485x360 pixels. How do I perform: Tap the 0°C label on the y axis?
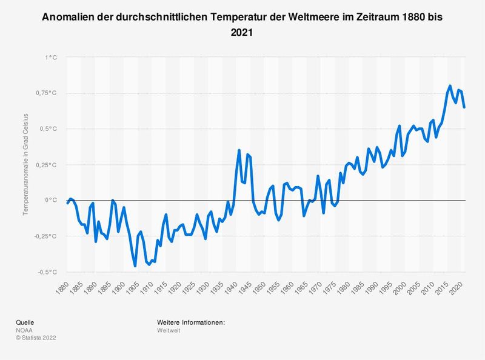52,200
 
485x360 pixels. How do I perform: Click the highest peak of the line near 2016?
450,86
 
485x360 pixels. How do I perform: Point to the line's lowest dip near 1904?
135,265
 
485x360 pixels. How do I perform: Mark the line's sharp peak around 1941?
239,150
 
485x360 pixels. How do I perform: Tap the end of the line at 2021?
464,107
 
